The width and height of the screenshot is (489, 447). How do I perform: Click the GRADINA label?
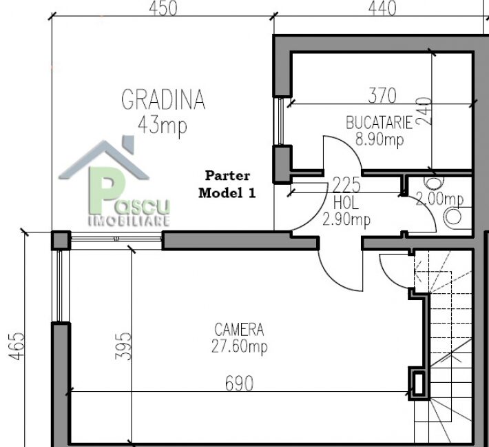coord(163,99)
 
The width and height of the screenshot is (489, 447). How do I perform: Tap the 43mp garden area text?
coord(163,126)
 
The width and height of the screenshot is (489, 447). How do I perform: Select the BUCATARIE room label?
coord(379,123)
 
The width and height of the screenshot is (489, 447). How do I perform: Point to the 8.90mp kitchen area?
coord(379,139)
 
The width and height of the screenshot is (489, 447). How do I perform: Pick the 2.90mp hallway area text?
coord(346,219)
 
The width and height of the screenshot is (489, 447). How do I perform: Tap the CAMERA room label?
coord(239,330)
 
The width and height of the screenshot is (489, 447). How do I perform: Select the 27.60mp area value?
coord(239,346)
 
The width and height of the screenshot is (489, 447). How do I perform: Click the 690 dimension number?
coord(239,384)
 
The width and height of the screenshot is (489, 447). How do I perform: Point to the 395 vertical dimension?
coord(123,346)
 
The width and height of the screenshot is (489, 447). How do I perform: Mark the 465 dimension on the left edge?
coord(16,346)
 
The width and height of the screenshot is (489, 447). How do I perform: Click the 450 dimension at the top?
coord(163,8)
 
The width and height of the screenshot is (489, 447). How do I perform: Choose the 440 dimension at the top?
coord(382,8)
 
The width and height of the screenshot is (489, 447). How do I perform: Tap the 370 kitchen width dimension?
coord(382,95)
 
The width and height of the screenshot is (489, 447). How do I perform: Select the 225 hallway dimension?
coord(346,185)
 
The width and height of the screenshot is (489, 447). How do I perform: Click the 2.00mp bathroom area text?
coord(439,199)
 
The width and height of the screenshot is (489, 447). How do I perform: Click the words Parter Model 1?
coord(227,184)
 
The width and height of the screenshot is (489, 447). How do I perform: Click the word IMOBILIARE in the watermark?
coord(129,221)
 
